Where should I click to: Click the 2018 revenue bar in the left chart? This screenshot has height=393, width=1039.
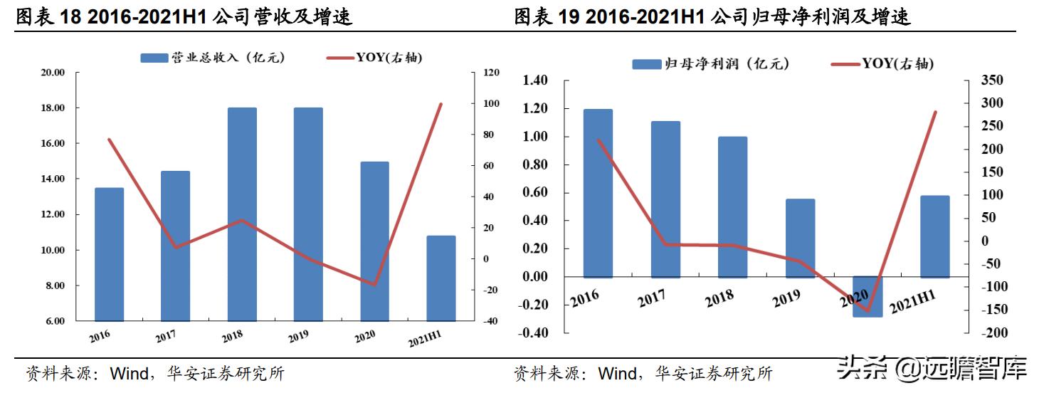point(242,214)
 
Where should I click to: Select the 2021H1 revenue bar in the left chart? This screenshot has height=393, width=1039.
point(441,278)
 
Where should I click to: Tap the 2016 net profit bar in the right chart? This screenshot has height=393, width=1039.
point(598,193)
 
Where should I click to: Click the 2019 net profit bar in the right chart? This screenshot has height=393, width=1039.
point(800,238)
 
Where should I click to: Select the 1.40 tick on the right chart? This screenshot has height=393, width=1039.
point(535,80)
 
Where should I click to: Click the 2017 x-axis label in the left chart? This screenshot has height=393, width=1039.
point(165,335)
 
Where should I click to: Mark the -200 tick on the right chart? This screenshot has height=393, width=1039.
point(991,332)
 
